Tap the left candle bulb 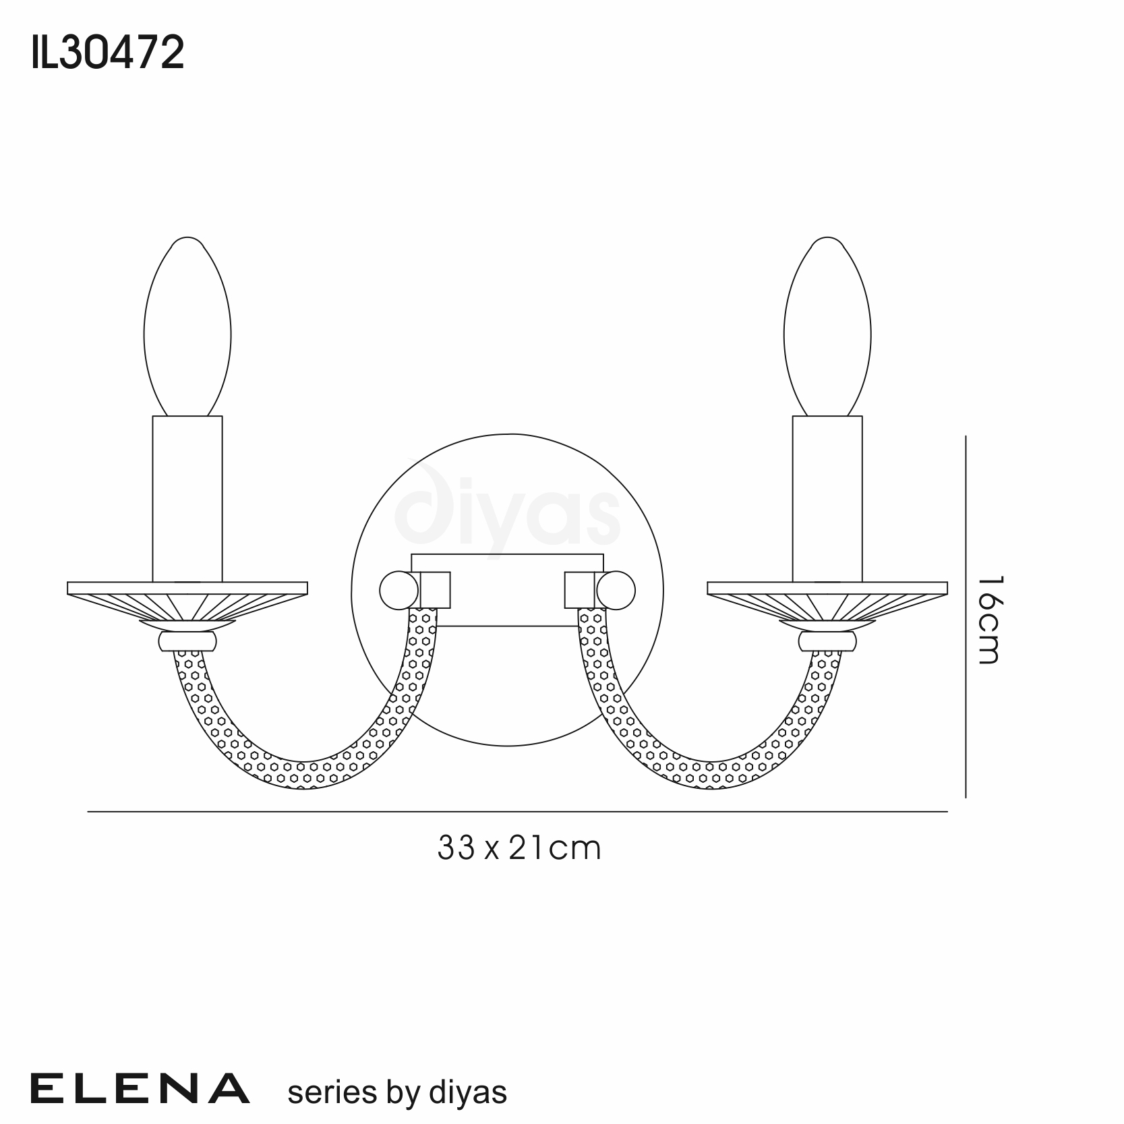click(187, 326)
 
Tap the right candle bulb click(827, 326)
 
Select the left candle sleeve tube click(187, 499)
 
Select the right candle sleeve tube click(827, 499)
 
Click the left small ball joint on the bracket click(399, 591)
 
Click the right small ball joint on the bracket click(616, 591)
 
